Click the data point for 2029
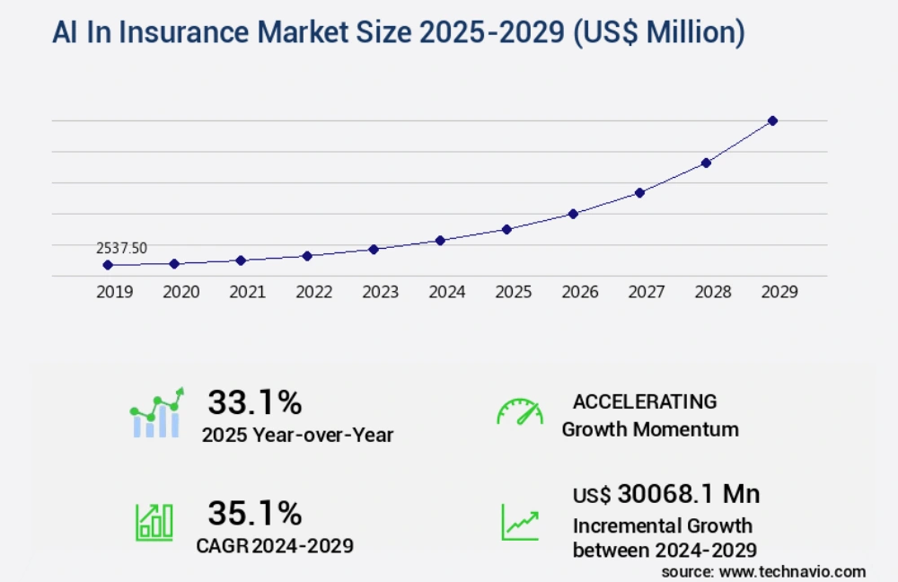pyautogui.click(x=772, y=120)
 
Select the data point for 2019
pyautogui.click(x=108, y=265)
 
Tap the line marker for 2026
pyautogui.click(x=573, y=214)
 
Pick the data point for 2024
pyautogui.click(x=440, y=240)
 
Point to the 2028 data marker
pyautogui.click(x=706, y=163)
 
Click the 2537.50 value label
pyautogui.click(x=122, y=248)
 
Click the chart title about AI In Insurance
pyautogui.click(x=398, y=33)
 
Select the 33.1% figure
pyautogui.click(x=255, y=403)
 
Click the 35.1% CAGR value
pyautogui.click(x=255, y=513)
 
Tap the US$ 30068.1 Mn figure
pyautogui.click(x=666, y=494)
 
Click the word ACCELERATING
pyautogui.click(x=645, y=401)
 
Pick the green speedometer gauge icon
pyautogui.click(x=520, y=411)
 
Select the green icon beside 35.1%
pyautogui.click(x=154, y=520)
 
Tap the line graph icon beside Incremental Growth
pyautogui.click(x=520, y=520)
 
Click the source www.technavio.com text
pyautogui.click(x=763, y=571)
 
